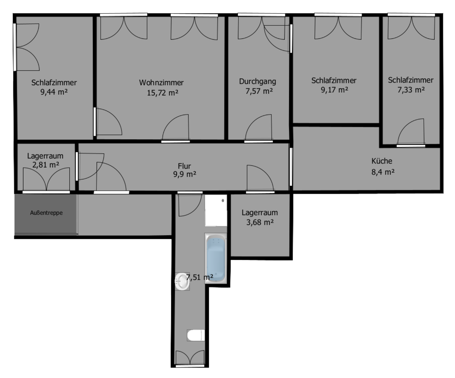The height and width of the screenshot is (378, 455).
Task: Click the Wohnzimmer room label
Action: pyautogui.click(x=161, y=83)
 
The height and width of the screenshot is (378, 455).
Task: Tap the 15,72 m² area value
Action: pyautogui.click(x=163, y=93)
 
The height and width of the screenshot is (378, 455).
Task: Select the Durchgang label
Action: pyautogui.click(x=257, y=81)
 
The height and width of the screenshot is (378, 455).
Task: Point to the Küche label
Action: pyautogui.click(x=382, y=161)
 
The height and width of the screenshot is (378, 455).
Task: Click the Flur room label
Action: pyautogui.click(x=184, y=166)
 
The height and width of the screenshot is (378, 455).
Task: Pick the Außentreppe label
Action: pyautogui.click(x=45, y=213)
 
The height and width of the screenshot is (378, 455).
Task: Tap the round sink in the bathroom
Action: pyautogui.click(x=182, y=281)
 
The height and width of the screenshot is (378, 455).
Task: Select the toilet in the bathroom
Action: pyautogui.click(x=195, y=336)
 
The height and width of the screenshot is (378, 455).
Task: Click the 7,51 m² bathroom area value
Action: pyautogui.click(x=200, y=277)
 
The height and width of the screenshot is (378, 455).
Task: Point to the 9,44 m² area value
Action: pyautogui.click(x=54, y=92)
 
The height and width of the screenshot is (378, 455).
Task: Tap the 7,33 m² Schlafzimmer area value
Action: pyautogui.click(x=410, y=90)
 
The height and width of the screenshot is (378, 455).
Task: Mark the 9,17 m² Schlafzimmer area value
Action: pyautogui.click(x=334, y=90)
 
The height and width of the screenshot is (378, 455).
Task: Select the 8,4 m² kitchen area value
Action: pyautogui.click(x=382, y=172)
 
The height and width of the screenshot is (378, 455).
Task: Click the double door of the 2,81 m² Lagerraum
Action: pyautogui.click(x=46, y=180)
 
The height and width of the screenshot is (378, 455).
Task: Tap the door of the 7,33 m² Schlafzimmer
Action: pyautogui.click(x=411, y=133)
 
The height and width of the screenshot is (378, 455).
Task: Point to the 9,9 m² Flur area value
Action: pyautogui.click(x=184, y=175)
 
